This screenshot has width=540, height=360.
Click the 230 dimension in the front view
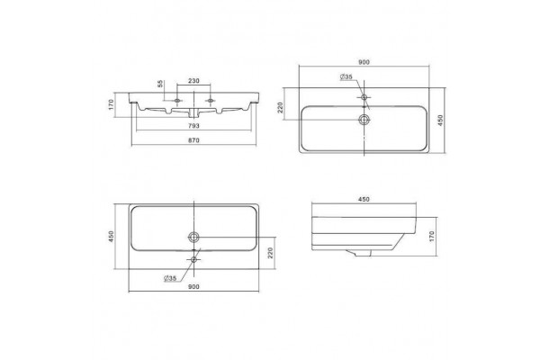[193, 81]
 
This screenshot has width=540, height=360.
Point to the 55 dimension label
[160, 84]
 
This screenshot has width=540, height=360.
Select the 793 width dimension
[193, 126]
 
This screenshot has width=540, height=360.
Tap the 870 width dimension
[193, 140]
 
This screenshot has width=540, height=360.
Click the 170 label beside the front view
[111, 104]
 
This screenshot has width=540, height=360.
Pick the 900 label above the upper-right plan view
[364, 62]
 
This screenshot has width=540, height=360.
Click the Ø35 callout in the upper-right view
[346, 76]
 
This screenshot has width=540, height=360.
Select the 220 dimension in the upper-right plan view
[280, 107]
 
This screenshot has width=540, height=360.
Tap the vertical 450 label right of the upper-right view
[440, 121]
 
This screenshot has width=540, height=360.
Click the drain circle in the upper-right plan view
[364, 120]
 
